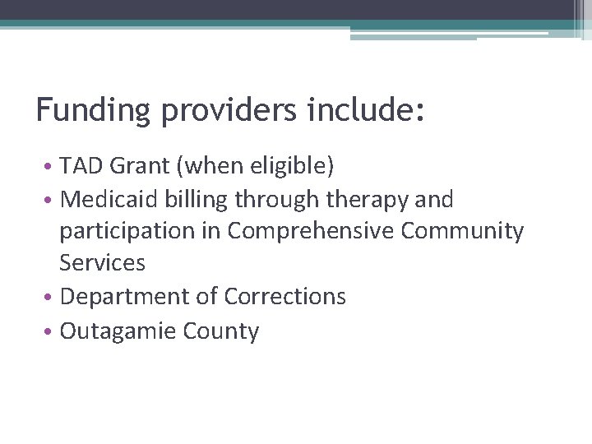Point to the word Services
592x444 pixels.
point(102,263)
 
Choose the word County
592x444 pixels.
point(222,331)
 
